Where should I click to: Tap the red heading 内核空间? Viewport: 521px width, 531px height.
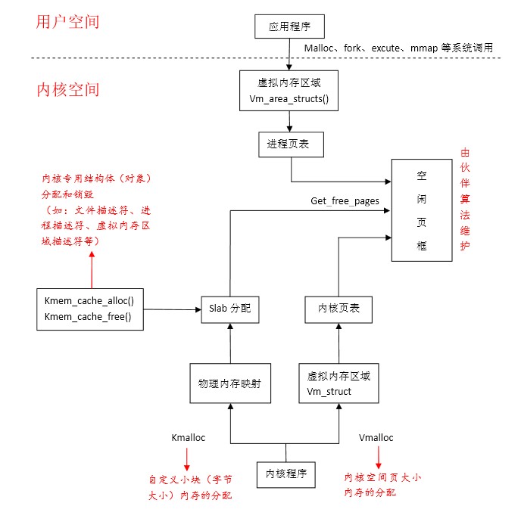click(67, 90)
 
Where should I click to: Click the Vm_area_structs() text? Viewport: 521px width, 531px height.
click(289, 100)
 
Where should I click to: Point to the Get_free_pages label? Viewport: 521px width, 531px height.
click(345, 201)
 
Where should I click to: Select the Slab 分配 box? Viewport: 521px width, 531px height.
click(229, 309)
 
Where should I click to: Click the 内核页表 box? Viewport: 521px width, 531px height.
click(337, 309)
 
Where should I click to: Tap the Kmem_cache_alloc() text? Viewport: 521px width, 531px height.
click(89, 300)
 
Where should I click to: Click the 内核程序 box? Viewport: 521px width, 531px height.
click(285, 474)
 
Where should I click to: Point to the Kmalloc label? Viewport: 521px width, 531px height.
click(189, 437)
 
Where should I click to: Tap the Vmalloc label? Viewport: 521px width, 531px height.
click(376, 437)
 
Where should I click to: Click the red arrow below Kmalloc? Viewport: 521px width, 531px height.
click(186, 458)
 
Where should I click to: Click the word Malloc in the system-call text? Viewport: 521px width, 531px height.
click(320, 48)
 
